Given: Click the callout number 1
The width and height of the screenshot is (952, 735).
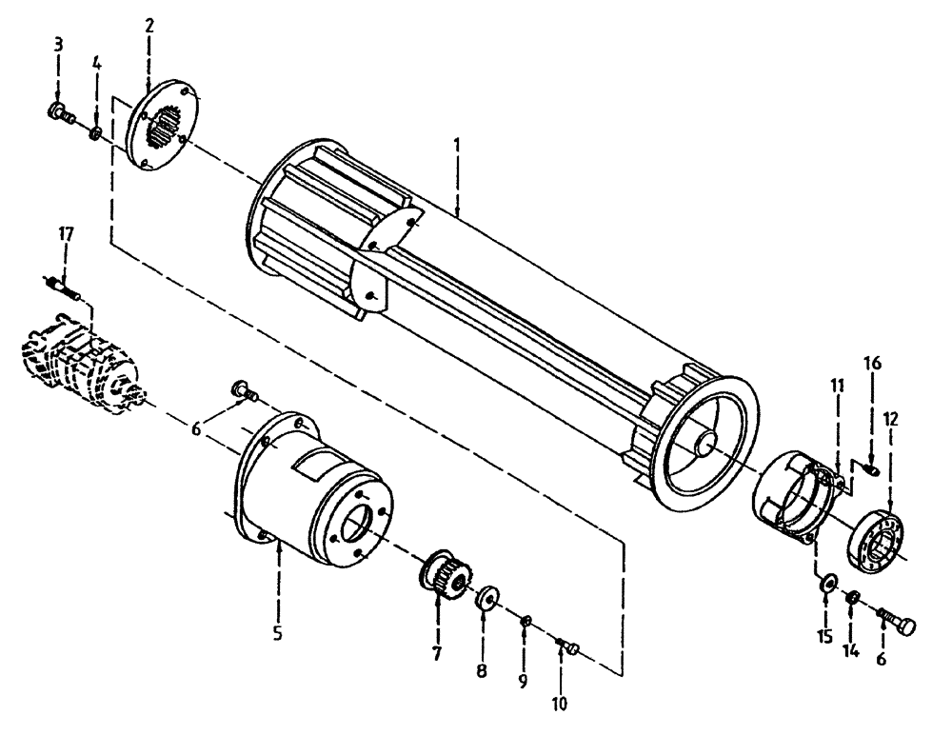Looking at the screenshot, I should pyautogui.click(x=457, y=145).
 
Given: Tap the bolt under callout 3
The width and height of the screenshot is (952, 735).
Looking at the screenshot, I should pyautogui.click(x=59, y=113).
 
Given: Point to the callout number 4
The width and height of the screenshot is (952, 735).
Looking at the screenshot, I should pyautogui.click(x=96, y=63).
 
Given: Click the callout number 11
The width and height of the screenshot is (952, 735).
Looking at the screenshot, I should pyautogui.click(x=837, y=386).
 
